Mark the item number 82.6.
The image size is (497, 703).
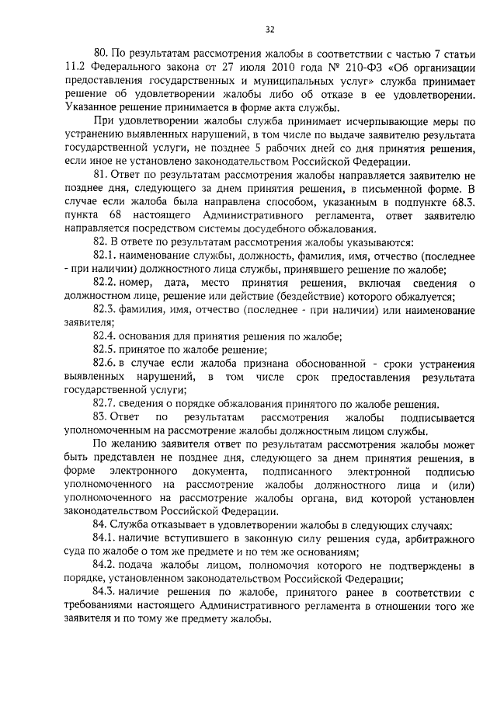pyautogui.click(x=106, y=364)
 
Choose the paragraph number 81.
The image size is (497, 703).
pyautogui.click(x=101, y=177)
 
